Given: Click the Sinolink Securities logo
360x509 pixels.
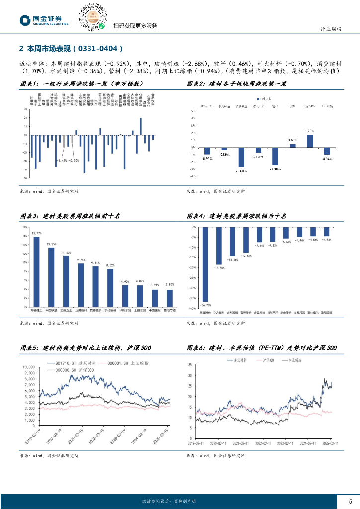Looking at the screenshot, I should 44,20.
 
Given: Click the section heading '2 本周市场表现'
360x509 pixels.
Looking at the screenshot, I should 70,49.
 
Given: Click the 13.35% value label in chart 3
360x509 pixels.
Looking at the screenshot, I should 51,244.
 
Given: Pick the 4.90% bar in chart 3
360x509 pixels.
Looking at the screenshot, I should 125,296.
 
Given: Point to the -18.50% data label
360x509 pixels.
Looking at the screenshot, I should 219,268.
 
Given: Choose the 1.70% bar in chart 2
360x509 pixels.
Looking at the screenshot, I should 309,141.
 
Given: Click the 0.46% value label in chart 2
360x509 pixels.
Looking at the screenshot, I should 292,140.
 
